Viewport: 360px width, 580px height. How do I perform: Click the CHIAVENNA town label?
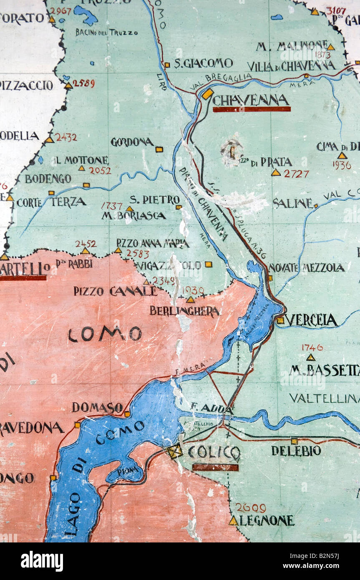(x=250, y=100)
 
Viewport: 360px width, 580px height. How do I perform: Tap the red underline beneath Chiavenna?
(x=252, y=109)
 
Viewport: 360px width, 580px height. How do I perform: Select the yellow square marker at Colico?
(x=174, y=451)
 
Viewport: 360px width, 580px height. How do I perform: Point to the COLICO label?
(x=214, y=452)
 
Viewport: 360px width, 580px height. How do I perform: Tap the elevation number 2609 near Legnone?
(x=250, y=508)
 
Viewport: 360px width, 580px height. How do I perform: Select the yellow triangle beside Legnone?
(x=233, y=521)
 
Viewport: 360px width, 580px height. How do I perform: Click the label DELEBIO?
(x=296, y=451)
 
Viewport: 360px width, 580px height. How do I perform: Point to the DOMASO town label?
(x=97, y=407)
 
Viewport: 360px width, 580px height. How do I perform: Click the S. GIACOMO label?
(x=203, y=63)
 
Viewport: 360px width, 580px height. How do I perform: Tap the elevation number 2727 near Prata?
(x=296, y=174)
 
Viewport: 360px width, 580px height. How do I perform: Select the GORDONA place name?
(x=132, y=142)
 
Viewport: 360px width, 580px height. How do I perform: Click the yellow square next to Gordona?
(x=159, y=149)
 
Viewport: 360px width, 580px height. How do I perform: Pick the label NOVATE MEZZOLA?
(x=307, y=268)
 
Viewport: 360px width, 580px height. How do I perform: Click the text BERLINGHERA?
(x=184, y=311)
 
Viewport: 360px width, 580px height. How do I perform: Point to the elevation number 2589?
(x=83, y=83)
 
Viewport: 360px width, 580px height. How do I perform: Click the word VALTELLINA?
(x=324, y=398)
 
